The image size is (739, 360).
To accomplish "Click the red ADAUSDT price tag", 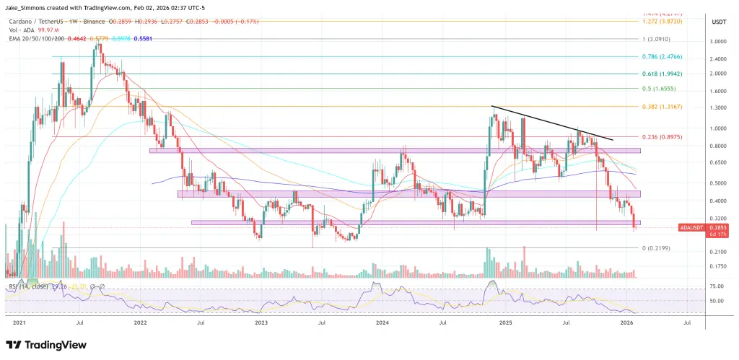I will [691, 228].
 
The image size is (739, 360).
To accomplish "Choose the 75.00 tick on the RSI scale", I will [717, 286].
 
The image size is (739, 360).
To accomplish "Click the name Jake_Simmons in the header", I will [28, 7].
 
